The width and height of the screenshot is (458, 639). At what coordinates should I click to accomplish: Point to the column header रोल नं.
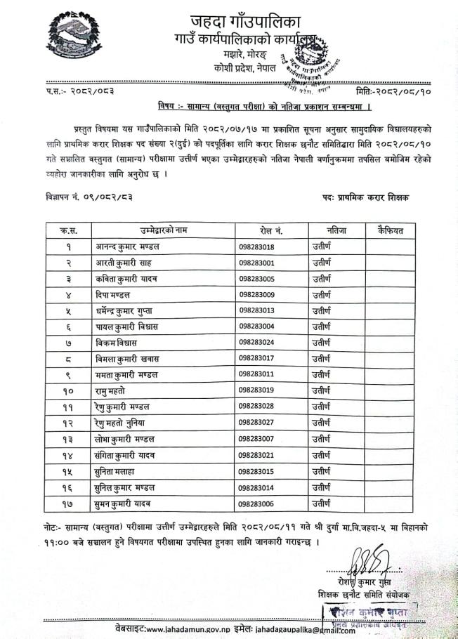click(270, 231)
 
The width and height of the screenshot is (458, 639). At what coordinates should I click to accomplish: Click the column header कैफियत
click(388, 231)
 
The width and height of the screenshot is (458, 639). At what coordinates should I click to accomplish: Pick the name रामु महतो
click(117, 390)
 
